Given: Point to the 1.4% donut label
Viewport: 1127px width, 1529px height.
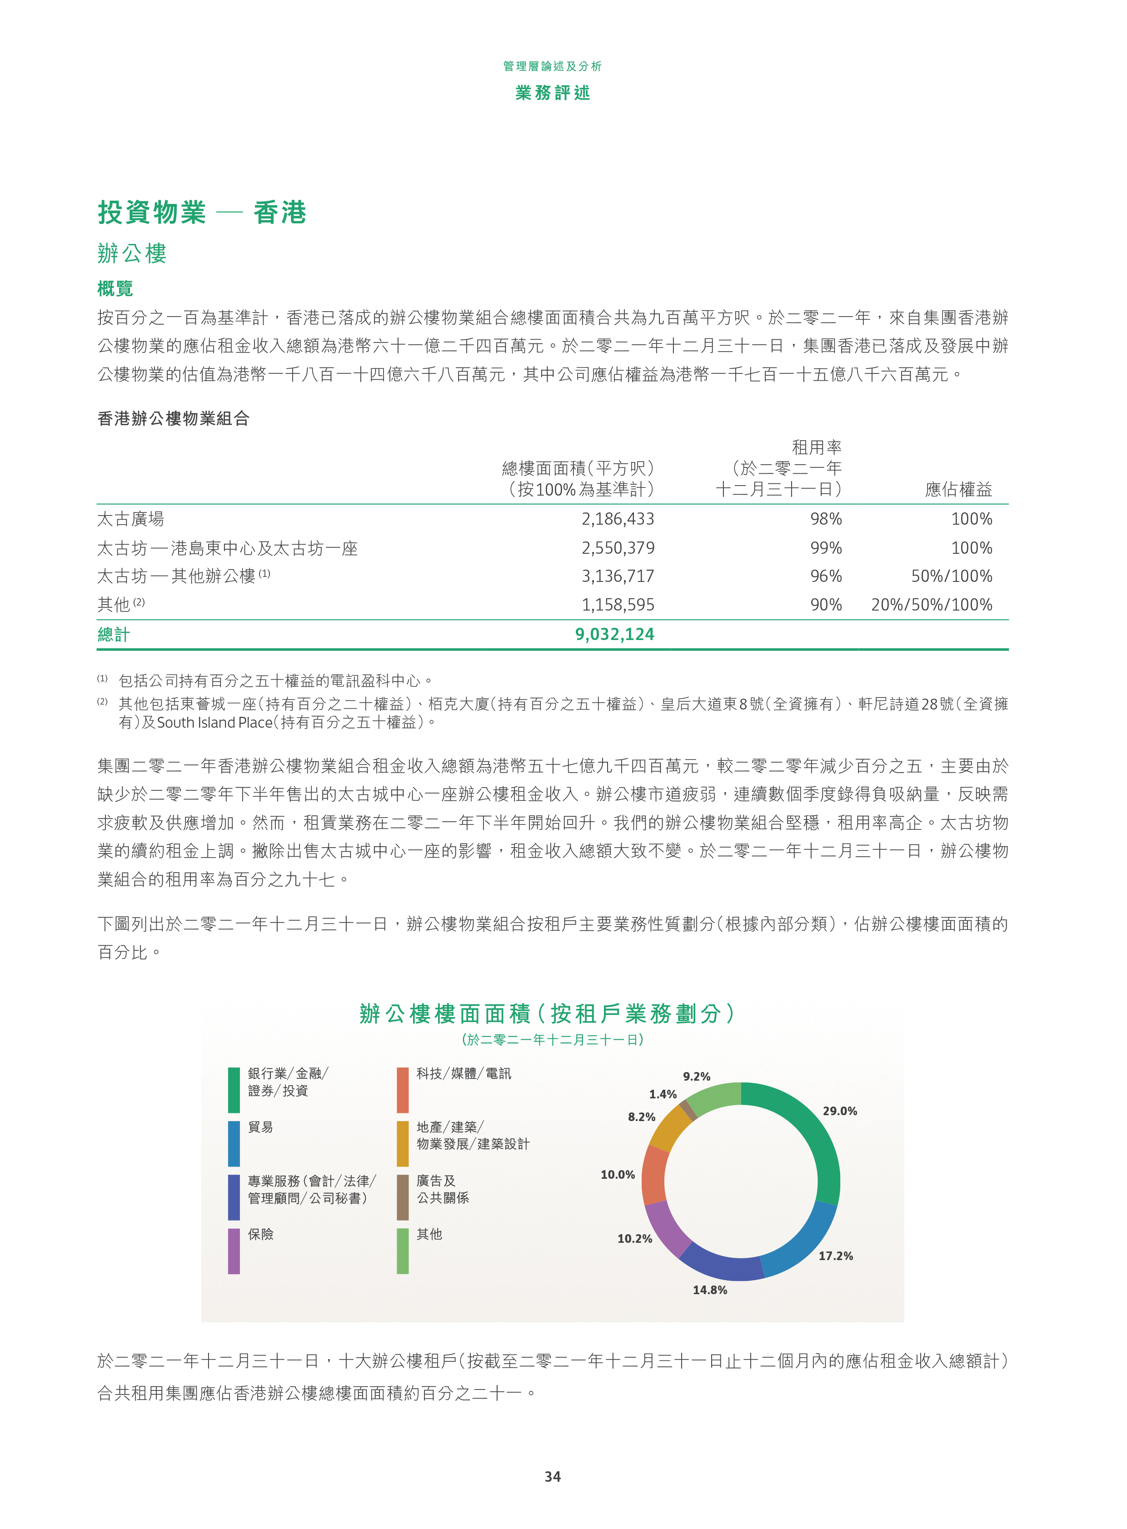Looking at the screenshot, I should coord(663,1094).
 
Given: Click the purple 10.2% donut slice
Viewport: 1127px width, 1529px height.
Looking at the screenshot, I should coord(665,1227).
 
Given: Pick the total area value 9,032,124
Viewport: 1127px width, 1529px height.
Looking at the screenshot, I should coord(614,634).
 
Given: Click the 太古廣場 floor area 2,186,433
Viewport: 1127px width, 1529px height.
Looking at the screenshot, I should coord(618,519).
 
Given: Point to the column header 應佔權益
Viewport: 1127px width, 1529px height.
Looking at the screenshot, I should coord(958,489).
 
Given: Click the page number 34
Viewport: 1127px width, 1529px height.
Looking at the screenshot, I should coord(553,1476).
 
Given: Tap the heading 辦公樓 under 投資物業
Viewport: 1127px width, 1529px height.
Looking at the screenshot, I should coord(132,253).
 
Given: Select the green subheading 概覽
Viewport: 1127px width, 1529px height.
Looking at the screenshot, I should coord(115,288).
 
